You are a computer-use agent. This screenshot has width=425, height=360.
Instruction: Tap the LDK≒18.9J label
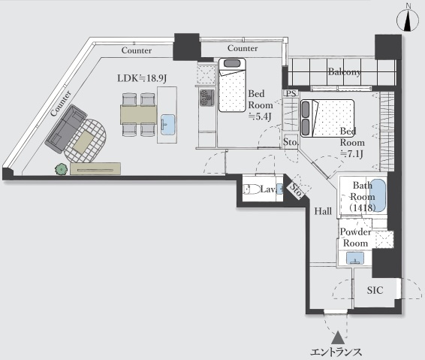pyautogui.click(x=142, y=78)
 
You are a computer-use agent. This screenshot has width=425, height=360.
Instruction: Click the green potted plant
pyautogui.click(x=62, y=169)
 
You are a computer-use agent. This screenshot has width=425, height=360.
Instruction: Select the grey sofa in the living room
pyautogui.click(x=66, y=129)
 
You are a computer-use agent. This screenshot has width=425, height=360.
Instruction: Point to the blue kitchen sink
pyautogui.click(x=167, y=125)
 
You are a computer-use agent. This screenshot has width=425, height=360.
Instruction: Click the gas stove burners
pyautogui.click(x=207, y=98)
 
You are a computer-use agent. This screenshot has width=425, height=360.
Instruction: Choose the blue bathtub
pyautogui.click(x=378, y=195)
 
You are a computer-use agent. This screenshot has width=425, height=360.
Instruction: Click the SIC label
pyautogui.click(x=375, y=290)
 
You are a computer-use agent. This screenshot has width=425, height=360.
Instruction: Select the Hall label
pyautogui.click(x=323, y=210)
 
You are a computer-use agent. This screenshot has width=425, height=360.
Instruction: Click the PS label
pyautogui.click(x=291, y=94)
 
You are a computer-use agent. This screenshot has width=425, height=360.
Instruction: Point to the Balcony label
pyautogui.click(x=345, y=72)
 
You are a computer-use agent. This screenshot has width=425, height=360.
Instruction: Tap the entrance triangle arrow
pyautogui.click(x=338, y=337)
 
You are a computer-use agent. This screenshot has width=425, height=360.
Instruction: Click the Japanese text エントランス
pyautogui.click(x=336, y=352)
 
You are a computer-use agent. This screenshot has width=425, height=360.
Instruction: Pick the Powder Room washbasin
pyautogui.click(x=355, y=258)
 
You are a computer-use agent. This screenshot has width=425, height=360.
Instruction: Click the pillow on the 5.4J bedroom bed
pyautogui.click(x=232, y=63)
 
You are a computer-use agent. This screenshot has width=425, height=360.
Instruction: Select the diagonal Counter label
pyautogui.click(x=61, y=104)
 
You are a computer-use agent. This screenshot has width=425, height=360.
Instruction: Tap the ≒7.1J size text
pyautogui.click(x=351, y=154)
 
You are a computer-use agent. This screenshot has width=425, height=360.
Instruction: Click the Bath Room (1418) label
pyautogui.click(x=363, y=196)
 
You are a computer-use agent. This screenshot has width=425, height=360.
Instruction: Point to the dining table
pyautogui.click(x=139, y=114)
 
